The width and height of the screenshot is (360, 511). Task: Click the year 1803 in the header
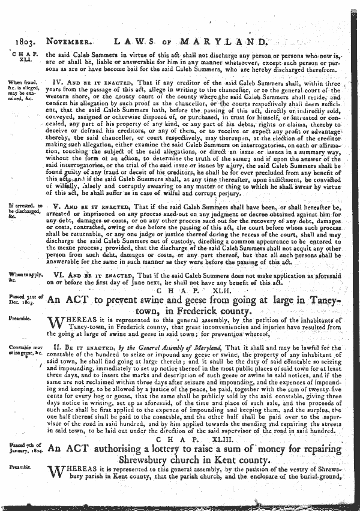click(19, 43)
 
